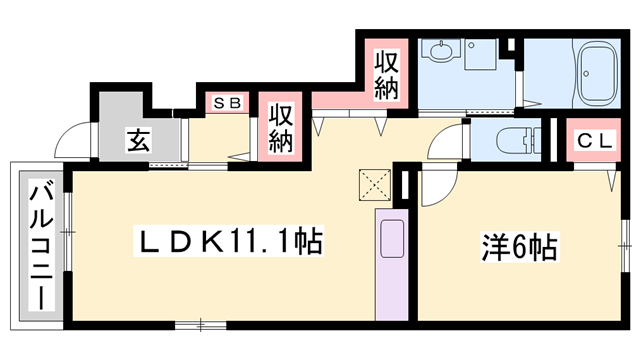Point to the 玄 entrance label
137,139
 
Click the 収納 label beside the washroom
387,75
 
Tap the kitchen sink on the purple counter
390,239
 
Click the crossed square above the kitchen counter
375,184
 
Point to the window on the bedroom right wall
626,240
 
